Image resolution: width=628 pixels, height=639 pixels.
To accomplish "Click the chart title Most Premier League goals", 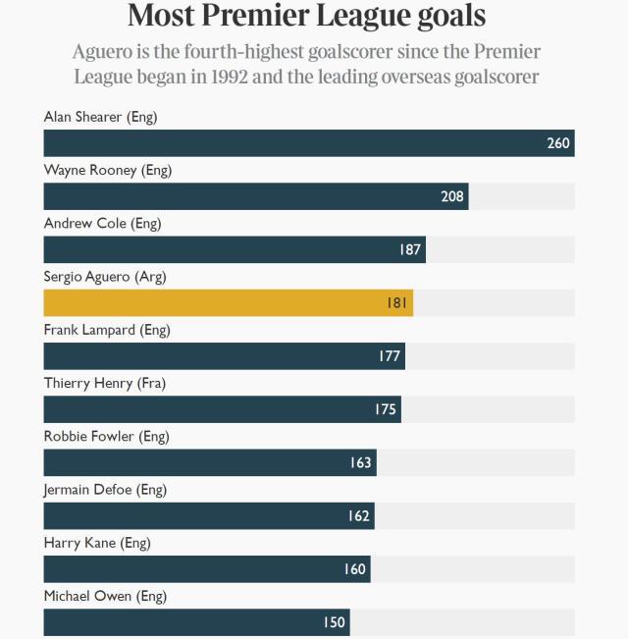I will [306, 17].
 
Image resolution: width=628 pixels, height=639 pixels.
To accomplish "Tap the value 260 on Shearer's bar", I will [558, 143].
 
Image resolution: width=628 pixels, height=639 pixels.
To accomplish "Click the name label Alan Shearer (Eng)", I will [100, 117].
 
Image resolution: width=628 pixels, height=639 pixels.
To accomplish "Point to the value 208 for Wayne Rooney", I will [452, 196].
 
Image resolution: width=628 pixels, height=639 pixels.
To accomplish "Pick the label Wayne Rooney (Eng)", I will [108, 170].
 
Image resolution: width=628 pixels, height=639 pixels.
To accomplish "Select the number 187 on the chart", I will [410, 249].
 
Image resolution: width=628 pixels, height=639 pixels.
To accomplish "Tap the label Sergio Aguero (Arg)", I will [105, 277].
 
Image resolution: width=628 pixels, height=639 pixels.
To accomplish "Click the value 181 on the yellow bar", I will [396, 302].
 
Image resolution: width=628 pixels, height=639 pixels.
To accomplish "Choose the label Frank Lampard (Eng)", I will [107, 330].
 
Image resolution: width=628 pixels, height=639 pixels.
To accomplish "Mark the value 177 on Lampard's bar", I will [390, 355].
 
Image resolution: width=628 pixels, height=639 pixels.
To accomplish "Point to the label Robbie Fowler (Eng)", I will [105, 436].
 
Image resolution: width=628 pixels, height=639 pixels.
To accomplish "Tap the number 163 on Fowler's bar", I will [361, 462].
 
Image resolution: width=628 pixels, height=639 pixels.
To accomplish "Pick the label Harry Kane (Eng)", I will [97, 543].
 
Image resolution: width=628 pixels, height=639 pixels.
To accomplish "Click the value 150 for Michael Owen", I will [335, 622].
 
